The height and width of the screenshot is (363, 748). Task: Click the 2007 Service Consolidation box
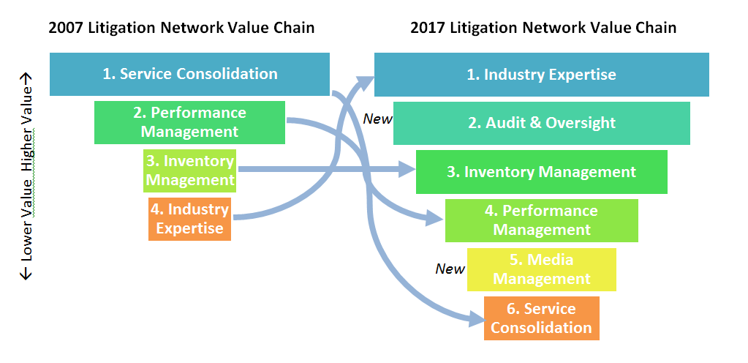[189, 74]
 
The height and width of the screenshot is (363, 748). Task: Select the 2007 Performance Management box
[189, 122]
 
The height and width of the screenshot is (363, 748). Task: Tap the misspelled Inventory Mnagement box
[189, 171]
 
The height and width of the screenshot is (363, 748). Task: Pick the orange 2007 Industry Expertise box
[189, 219]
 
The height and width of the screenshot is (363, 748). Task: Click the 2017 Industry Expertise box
[542, 75]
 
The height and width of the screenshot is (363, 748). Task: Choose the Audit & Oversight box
[542, 123]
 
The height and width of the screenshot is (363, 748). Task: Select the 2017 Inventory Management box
[542, 172]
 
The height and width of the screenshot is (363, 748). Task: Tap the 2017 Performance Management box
[542, 220]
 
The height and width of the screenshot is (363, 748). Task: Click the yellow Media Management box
[542, 269]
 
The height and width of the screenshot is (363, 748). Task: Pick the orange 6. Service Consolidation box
[542, 318]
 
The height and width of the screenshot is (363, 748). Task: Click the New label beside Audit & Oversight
[378, 119]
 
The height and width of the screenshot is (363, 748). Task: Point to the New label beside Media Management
[450, 269]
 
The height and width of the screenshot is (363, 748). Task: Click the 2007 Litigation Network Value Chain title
[181, 28]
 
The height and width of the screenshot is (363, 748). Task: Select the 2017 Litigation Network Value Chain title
[543, 28]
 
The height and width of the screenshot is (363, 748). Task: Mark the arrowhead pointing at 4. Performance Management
[437, 217]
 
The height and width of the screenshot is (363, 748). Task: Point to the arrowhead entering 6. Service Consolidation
[476, 318]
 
